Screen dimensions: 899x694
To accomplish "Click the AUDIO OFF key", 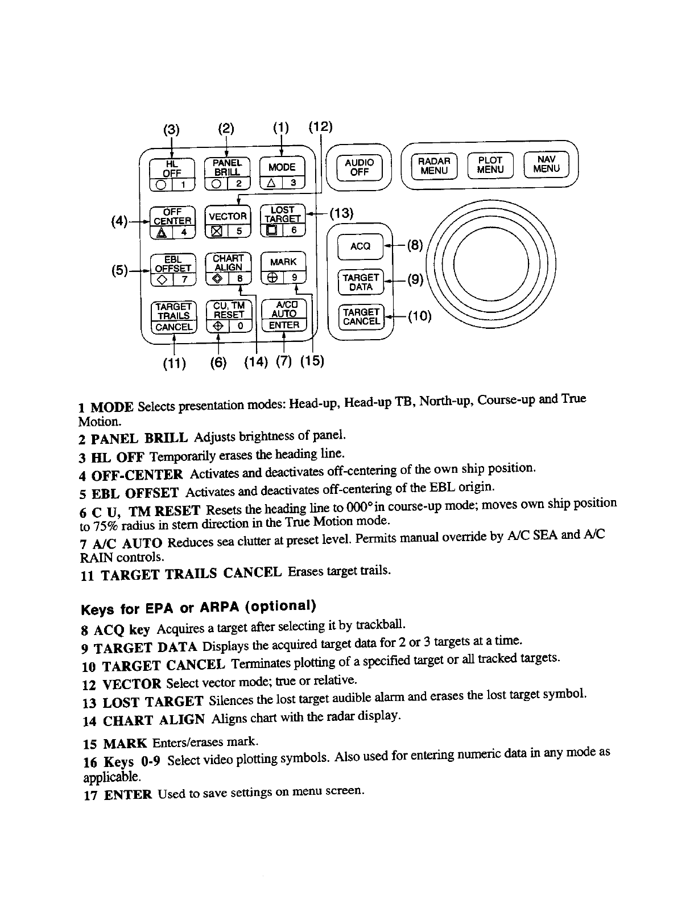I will tap(360, 166).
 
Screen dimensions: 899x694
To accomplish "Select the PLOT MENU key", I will tap(490, 165).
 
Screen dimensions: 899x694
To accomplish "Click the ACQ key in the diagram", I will tap(360, 246).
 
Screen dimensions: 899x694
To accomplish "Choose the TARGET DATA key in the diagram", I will tap(361, 282).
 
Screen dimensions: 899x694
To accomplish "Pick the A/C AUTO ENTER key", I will tap(283, 315).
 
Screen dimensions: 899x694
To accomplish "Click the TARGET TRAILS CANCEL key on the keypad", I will tap(173, 316).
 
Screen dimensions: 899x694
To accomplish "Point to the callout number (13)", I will tap(341, 213).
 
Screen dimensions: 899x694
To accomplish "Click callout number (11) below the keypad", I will tap(174, 362).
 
